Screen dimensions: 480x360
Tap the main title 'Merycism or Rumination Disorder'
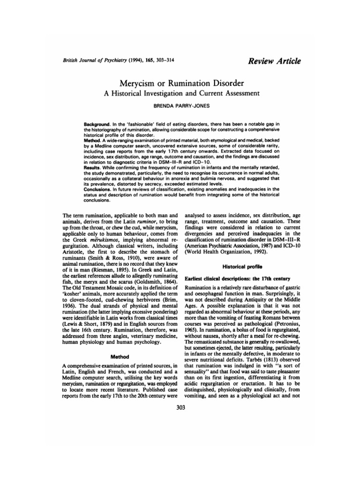pyautogui.click(x=180, y=83)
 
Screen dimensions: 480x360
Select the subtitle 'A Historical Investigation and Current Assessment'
pyautogui.click(x=180, y=94)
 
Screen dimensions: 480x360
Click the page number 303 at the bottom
pyautogui.click(x=180, y=407)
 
